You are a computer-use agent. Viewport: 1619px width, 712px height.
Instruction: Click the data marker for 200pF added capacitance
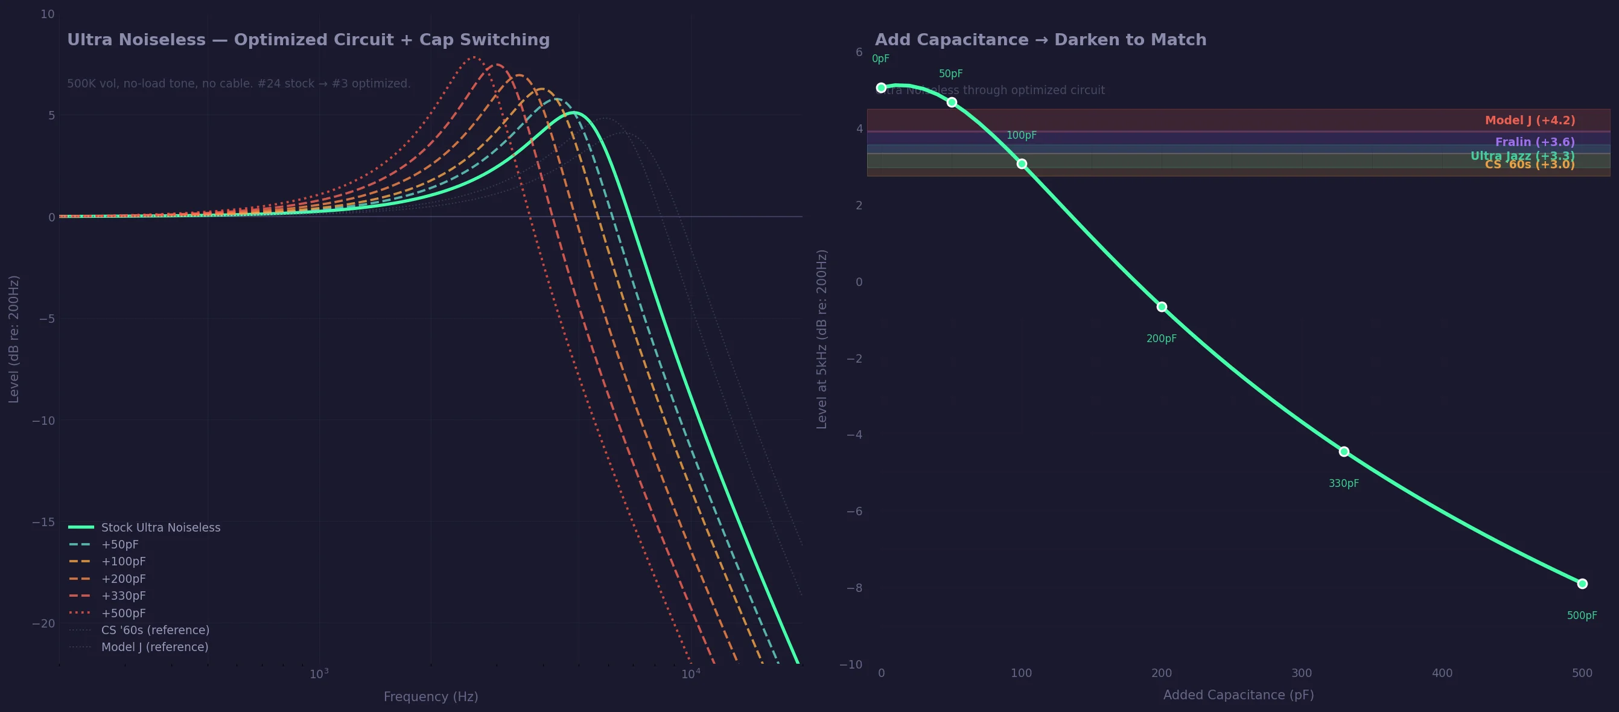click(1162, 307)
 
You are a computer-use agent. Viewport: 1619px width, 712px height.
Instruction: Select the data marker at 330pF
click(1344, 451)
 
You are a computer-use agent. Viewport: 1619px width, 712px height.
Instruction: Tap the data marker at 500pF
click(1582, 584)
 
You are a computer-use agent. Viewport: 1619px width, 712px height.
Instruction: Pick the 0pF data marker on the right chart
click(881, 88)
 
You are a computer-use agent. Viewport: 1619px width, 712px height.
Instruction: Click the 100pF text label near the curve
click(1021, 135)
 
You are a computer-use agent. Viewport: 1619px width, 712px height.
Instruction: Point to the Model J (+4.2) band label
click(1530, 120)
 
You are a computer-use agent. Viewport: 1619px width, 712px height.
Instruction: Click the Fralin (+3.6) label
click(1535, 142)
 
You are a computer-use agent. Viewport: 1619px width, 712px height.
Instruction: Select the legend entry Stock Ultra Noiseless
click(161, 527)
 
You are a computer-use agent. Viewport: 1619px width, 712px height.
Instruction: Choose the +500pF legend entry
click(123, 612)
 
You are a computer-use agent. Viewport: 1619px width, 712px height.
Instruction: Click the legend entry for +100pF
click(123, 561)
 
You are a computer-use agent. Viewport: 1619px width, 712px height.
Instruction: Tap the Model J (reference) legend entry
click(154, 647)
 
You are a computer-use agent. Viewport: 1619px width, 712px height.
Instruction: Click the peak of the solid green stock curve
click(573, 113)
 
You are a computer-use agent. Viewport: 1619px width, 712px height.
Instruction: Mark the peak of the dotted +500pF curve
click(473, 57)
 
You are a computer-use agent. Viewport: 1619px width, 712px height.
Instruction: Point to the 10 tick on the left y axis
click(47, 14)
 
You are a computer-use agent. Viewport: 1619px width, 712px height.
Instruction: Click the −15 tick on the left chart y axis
click(43, 521)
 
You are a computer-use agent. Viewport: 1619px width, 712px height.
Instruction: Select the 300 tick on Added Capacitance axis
click(1302, 673)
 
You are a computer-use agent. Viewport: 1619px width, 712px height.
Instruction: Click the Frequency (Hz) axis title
click(430, 696)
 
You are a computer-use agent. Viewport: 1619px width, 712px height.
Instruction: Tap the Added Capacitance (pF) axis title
click(1238, 695)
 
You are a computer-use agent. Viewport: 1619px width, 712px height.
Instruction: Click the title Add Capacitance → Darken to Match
click(1040, 40)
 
